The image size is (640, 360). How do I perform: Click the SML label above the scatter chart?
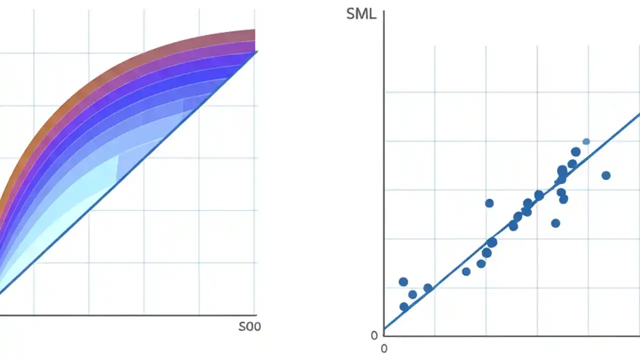(361, 13)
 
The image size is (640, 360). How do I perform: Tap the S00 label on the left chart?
(249, 327)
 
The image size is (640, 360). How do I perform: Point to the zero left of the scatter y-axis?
(374, 335)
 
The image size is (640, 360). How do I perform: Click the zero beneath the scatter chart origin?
(384, 348)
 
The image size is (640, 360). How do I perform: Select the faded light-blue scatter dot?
(586, 141)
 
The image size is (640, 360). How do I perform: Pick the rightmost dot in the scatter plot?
(606, 175)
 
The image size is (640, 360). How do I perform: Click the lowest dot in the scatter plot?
(404, 306)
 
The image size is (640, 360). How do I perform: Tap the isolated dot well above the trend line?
(489, 203)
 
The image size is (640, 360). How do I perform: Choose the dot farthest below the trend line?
(555, 223)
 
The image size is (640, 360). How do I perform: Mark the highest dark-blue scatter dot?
(575, 152)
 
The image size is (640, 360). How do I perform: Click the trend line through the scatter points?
(450, 275)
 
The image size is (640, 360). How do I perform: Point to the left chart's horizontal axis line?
(125, 315)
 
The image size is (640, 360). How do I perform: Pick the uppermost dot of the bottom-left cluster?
(403, 282)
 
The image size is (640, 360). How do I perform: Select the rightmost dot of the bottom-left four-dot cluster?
(428, 288)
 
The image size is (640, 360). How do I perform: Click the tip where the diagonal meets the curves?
(255, 51)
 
